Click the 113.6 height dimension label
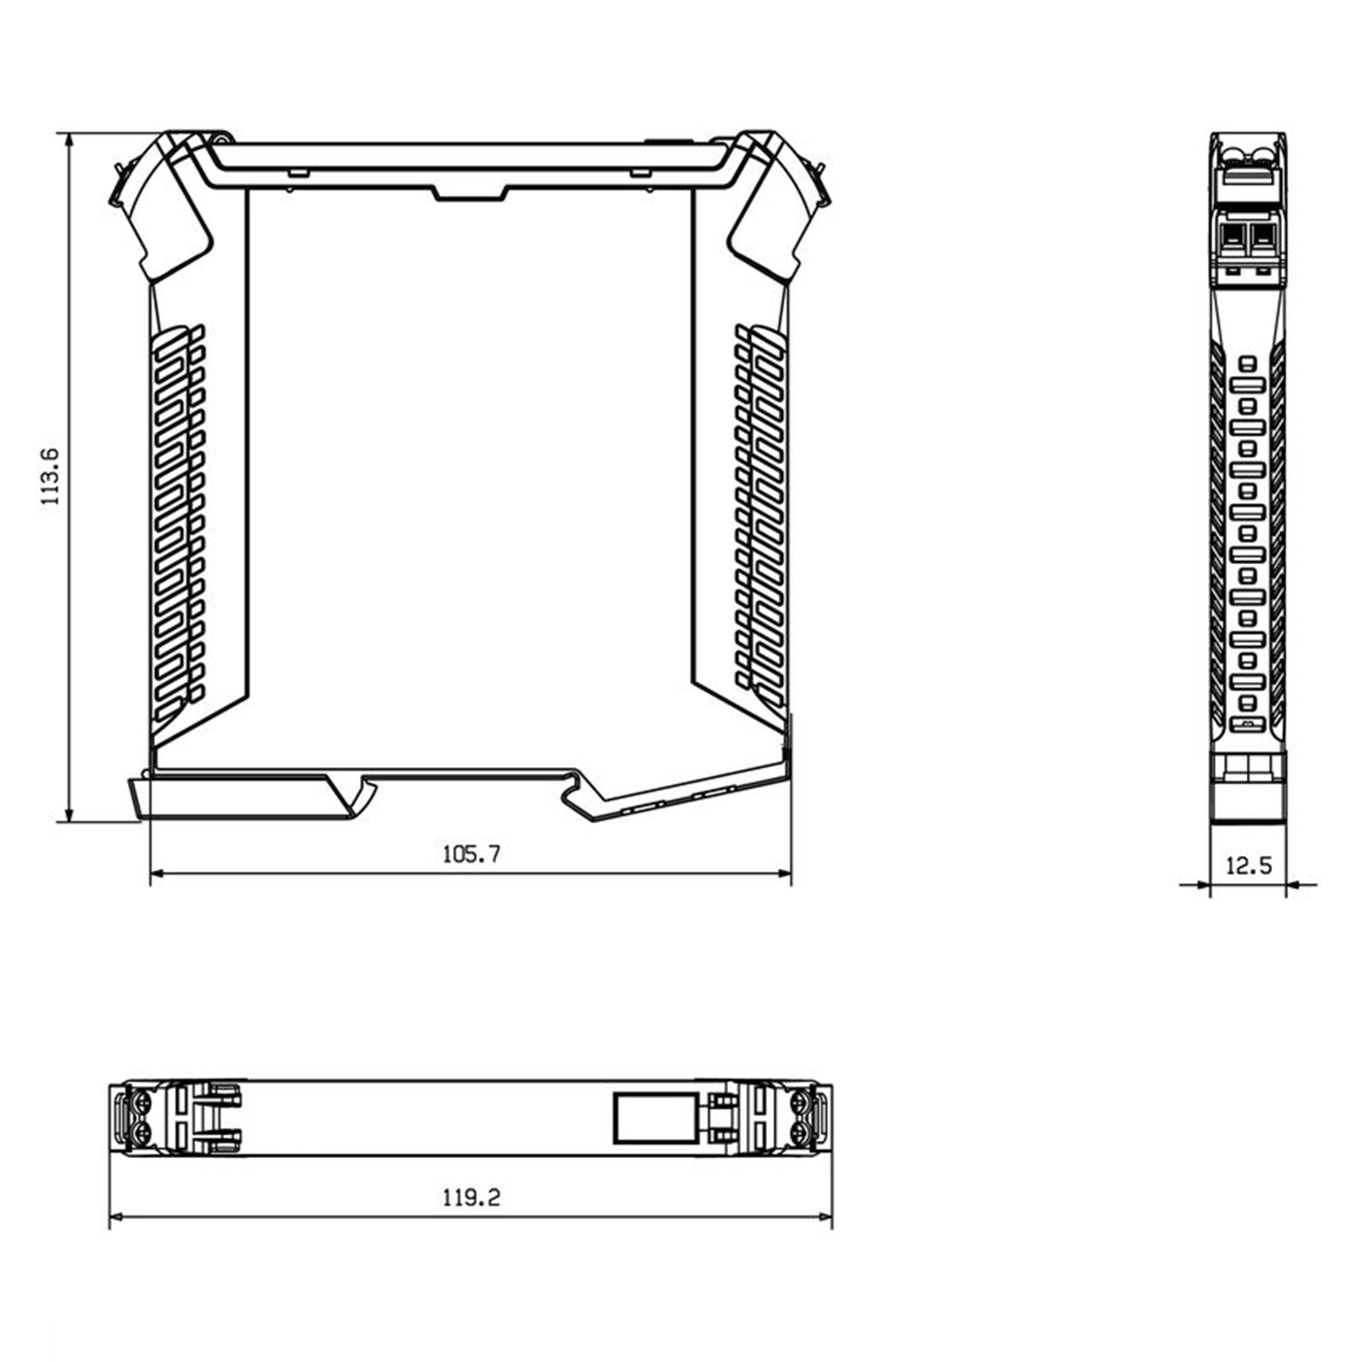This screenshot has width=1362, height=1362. (50, 477)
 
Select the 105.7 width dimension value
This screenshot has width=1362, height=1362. (472, 854)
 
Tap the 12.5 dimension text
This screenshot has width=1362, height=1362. (1249, 866)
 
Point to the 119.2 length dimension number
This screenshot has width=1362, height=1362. (472, 1198)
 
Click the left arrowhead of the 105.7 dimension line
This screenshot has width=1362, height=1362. (157, 873)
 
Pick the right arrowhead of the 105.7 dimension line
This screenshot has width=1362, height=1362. (784, 873)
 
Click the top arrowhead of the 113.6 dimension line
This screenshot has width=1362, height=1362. (69, 140)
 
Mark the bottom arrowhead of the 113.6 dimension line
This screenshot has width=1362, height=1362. (69, 814)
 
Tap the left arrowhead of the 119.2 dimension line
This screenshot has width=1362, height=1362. (116, 1217)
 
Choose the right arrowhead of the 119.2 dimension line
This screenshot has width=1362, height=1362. (824, 1217)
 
